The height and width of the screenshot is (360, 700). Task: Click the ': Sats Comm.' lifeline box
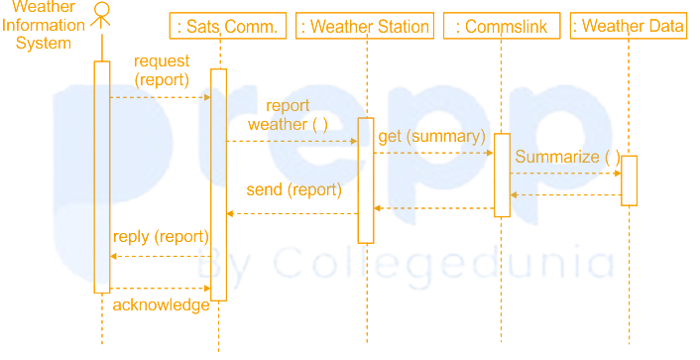click(229, 26)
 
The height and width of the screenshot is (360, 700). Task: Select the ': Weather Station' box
click(366, 26)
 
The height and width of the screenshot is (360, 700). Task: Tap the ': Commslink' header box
click(502, 26)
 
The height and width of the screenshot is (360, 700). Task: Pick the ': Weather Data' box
click(630, 26)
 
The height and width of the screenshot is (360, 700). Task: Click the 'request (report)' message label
click(162, 70)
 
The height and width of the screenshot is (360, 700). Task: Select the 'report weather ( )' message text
click(288, 115)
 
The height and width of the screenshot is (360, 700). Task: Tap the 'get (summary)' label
click(431, 136)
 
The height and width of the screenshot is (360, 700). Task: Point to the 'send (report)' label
click(293, 189)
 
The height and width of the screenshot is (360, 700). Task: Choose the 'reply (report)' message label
click(161, 236)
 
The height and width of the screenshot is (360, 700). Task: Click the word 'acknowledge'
click(161, 304)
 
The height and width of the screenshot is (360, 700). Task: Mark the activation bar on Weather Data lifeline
click(629, 180)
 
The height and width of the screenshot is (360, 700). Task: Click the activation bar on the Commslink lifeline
click(502, 175)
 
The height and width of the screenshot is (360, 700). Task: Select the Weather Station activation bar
click(366, 180)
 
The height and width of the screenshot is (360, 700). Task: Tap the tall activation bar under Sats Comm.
click(218, 183)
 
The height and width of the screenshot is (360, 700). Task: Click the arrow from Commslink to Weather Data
click(565, 174)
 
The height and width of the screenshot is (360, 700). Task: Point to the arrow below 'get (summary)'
click(433, 153)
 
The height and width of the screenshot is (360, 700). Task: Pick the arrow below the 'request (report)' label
click(160, 97)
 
